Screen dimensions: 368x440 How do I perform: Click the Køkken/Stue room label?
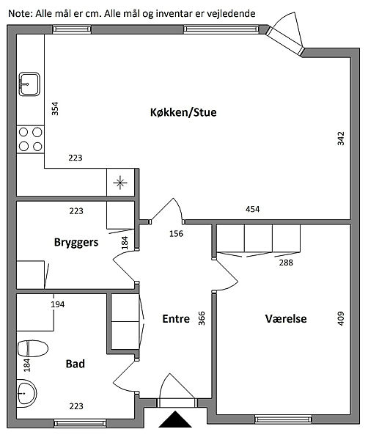pos(183,112)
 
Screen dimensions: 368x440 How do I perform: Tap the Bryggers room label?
pos(76,243)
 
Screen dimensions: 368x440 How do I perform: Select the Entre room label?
pos(176,319)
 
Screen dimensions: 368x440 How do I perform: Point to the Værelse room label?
pos(286,319)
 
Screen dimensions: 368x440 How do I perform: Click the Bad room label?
pos(76,364)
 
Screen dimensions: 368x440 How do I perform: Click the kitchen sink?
pos(29,84)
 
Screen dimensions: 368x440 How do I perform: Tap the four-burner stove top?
pos(30,139)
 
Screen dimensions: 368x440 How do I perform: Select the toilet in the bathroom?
pos(32,348)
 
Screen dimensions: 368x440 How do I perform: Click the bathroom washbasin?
pos(26,393)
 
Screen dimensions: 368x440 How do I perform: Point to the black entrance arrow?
pos(175,419)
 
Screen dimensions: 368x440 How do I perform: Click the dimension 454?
pos(252,209)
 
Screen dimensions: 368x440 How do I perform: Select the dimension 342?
pos(341,139)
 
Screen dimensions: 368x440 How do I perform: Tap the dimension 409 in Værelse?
pos(341,318)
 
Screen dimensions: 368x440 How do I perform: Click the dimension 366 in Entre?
pos(202,318)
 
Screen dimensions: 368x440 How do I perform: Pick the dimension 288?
pos(286,263)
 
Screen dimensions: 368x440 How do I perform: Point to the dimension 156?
pos(176,233)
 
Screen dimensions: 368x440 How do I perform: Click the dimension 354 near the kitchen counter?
pos(55,109)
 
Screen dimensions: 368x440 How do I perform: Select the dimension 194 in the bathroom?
pos(57,304)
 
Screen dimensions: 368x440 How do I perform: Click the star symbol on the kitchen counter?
pos(120,183)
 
